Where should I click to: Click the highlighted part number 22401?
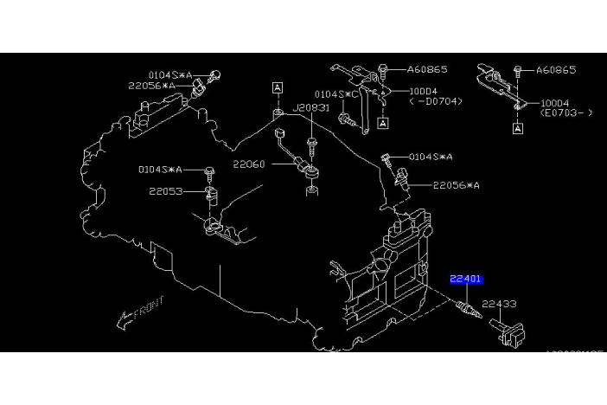[x=465, y=279]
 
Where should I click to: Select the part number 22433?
[x=499, y=304]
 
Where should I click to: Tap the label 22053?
[x=165, y=191]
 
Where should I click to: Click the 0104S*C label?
[x=329, y=93]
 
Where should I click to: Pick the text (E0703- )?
[x=565, y=112]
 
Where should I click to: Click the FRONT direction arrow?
[x=139, y=312]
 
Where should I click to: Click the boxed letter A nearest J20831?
[x=278, y=87]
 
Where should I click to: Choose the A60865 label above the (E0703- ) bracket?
[x=556, y=69]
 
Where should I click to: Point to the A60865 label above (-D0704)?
[x=427, y=69]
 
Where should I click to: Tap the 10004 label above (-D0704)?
[x=425, y=91]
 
